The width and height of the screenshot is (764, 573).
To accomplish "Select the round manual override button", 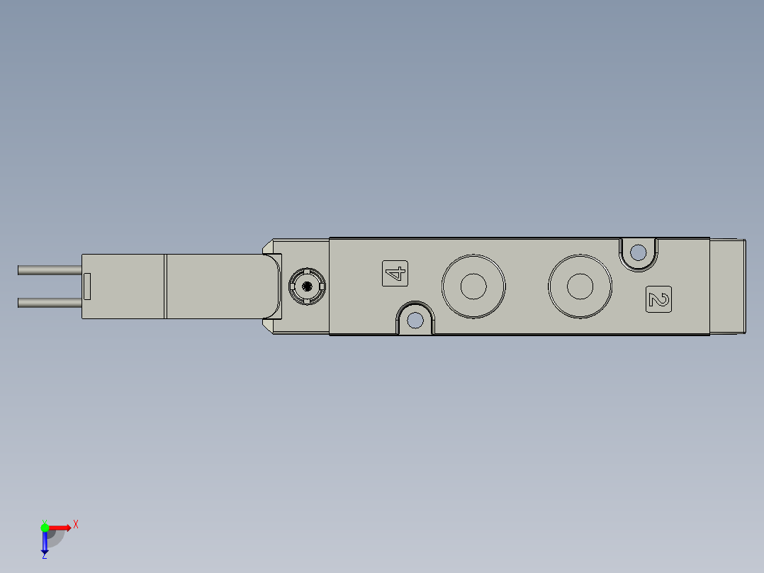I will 307,286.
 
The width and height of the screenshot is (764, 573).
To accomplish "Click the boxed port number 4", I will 395,274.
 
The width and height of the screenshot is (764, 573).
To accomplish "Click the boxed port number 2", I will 659,299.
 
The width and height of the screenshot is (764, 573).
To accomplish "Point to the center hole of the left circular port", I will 473,286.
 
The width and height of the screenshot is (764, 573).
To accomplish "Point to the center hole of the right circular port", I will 580,286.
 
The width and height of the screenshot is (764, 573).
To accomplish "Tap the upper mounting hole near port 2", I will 638,252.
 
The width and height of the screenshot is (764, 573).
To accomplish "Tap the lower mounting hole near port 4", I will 415,321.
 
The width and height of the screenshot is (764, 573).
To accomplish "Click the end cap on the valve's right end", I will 727,286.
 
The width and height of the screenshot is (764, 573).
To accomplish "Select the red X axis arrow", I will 60,527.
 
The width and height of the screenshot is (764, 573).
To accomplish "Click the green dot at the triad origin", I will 45,527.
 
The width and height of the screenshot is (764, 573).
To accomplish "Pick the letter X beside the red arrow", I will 76,525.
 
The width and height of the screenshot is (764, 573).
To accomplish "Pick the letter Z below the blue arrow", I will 44,556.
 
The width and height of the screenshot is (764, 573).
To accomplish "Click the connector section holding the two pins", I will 123,286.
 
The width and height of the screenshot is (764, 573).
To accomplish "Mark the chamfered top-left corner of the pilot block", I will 268,246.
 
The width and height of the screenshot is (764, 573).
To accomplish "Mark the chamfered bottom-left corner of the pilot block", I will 268,326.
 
